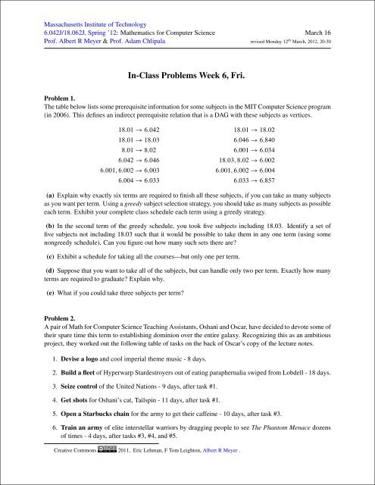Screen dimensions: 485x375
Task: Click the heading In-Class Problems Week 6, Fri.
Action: tap(187, 76)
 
